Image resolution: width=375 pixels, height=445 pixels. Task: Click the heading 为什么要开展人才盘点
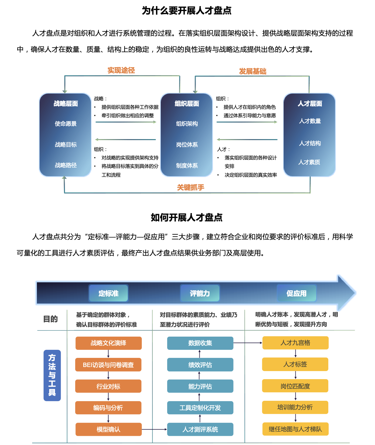pyautogui.click(x=186, y=10)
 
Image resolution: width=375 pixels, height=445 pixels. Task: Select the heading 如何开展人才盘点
pyautogui.click(x=186, y=217)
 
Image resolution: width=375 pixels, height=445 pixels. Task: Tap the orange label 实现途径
pyautogui.click(x=121, y=70)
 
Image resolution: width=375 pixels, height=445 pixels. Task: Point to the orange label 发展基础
pyautogui.click(x=252, y=71)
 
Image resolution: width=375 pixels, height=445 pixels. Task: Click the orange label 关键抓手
pyautogui.click(x=191, y=187)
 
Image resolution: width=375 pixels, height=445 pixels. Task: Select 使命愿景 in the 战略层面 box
pyautogui.click(x=66, y=124)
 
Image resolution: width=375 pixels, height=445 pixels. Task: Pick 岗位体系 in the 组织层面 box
pyautogui.click(x=187, y=145)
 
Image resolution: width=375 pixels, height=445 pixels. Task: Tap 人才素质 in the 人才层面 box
pyautogui.click(x=309, y=162)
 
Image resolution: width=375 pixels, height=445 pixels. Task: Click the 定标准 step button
pyautogui.click(x=109, y=293)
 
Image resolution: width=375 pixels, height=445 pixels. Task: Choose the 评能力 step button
pyautogui.click(x=200, y=293)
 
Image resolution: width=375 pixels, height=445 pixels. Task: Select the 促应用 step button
pyautogui.click(x=296, y=293)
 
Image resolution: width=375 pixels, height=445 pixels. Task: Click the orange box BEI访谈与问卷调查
pyautogui.click(x=108, y=365)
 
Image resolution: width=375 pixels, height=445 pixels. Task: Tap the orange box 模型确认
pyautogui.click(x=109, y=429)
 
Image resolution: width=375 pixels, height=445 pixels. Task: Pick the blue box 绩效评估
pyautogui.click(x=200, y=365)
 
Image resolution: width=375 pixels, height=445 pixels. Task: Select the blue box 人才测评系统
pyautogui.click(x=200, y=429)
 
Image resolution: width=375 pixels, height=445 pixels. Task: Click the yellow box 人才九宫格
pyautogui.click(x=295, y=343)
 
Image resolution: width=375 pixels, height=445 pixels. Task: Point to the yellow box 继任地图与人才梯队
pyautogui.click(x=295, y=429)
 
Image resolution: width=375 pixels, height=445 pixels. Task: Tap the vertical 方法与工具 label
pyautogui.click(x=52, y=375)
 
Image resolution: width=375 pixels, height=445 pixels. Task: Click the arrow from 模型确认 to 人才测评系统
pyautogui.click(x=154, y=429)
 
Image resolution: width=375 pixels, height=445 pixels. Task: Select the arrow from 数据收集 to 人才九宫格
pyautogui.click(x=248, y=343)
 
